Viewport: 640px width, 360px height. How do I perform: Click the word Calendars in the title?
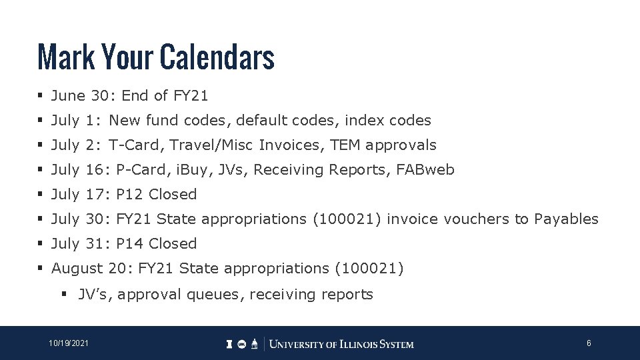[217, 57]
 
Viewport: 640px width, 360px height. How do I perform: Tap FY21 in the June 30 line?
[191, 96]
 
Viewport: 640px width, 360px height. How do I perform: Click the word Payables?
[567, 219]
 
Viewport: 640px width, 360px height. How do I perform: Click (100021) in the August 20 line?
[370, 269]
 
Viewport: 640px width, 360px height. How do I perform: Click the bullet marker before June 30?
[41, 96]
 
